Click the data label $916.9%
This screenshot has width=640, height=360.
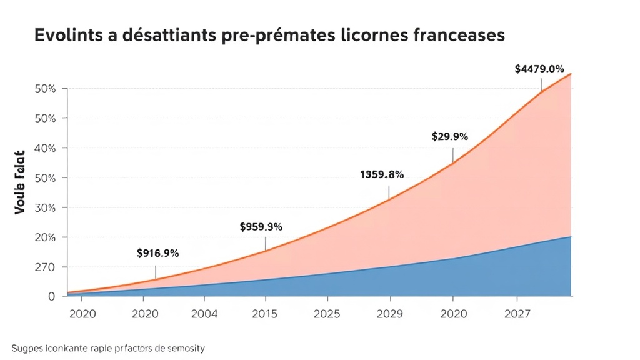(157, 253)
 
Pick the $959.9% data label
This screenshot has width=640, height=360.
(261, 227)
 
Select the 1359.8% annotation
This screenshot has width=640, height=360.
(382, 174)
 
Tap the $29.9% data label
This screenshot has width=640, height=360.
(450, 136)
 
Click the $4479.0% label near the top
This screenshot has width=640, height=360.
(539, 69)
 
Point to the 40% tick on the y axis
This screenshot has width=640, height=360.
(44, 148)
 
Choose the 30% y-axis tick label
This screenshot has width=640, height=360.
(44, 207)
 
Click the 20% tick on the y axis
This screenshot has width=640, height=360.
(44, 237)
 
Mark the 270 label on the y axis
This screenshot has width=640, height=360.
(44, 267)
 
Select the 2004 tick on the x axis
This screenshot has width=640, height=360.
(204, 314)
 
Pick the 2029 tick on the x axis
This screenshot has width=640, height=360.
(390, 314)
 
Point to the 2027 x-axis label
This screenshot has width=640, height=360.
(516, 314)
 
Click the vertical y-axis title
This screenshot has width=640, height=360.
(19, 182)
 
